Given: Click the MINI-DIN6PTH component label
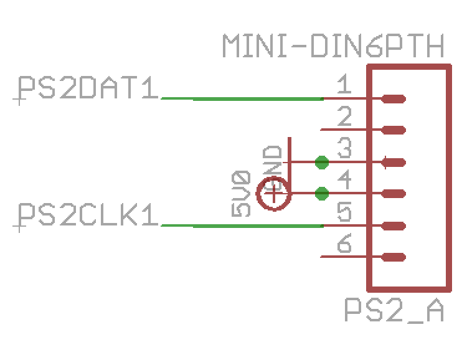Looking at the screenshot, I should pyautogui.click(x=334, y=46).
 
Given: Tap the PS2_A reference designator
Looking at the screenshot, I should pyautogui.click(x=394, y=310).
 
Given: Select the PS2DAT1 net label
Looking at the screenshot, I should pyautogui.click(x=87, y=88).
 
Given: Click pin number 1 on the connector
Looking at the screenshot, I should pyautogui.click(x=343, y=84).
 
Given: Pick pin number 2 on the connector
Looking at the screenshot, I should pyautogui.click(x=344, y=116).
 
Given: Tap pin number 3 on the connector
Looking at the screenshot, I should pyautogui.click(x=344, y=149).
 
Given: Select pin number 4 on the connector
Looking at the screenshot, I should pyautogui.click(x=344, y=181).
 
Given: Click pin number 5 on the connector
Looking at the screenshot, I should pyautogui.click(x=344, y=213).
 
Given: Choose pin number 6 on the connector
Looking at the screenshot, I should pyautogui.click(x=344, y=244).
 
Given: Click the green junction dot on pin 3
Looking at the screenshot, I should pyautogui.click(x=322, y=163).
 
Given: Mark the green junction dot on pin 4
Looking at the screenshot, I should pyautogui.click(x=322, y=194).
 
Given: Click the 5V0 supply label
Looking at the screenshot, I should pyautogui.click(x=241, y=193).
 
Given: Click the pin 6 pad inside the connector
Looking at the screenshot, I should pyautogui.click(x=394, y=257).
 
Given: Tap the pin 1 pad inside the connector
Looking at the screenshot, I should pyautogui.click(x=394, y=98).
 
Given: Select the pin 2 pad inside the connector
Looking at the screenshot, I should pyautogui.click(x=394, y=130).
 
